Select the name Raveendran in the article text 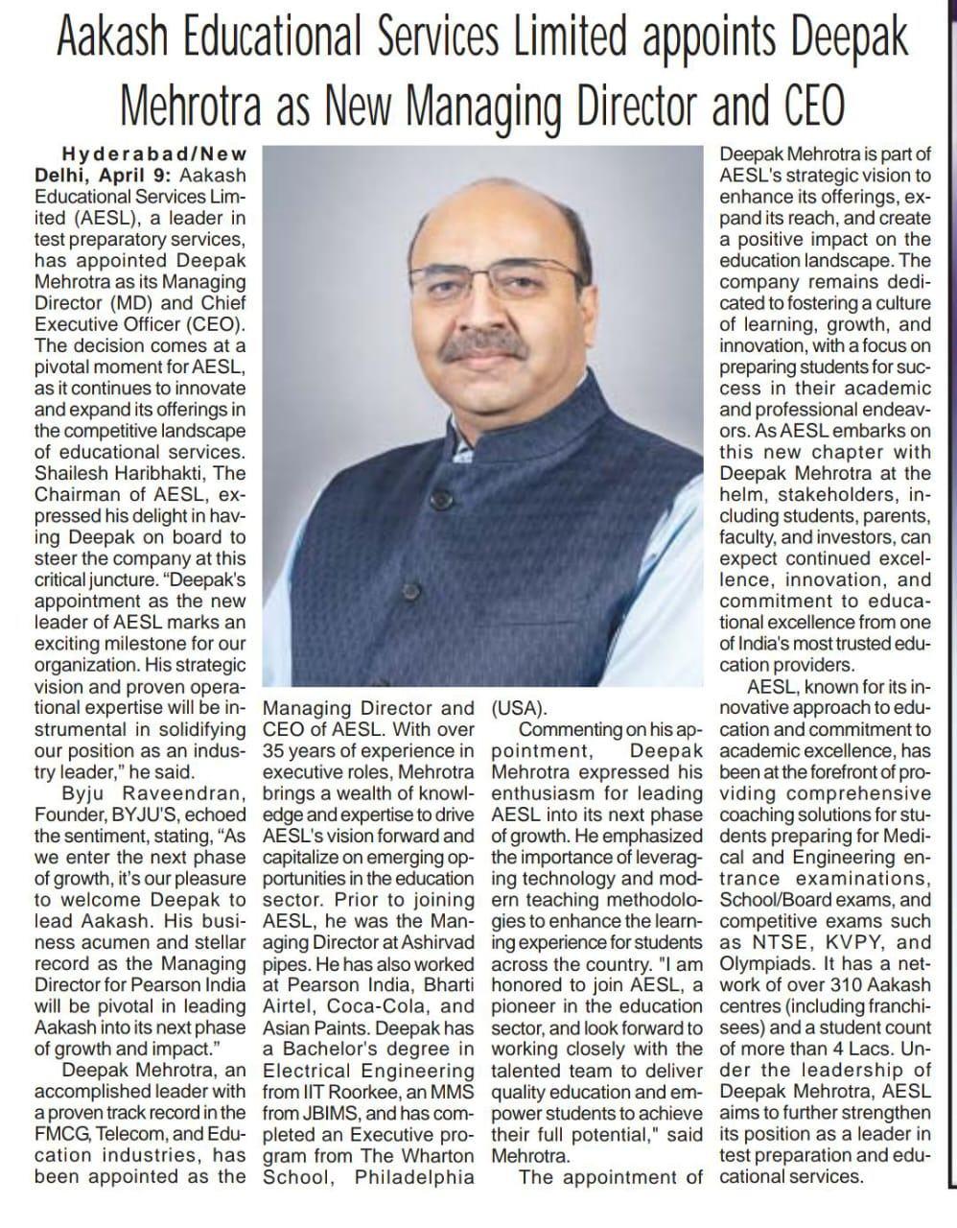click(183, 793)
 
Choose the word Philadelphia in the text click(414, 1177)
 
